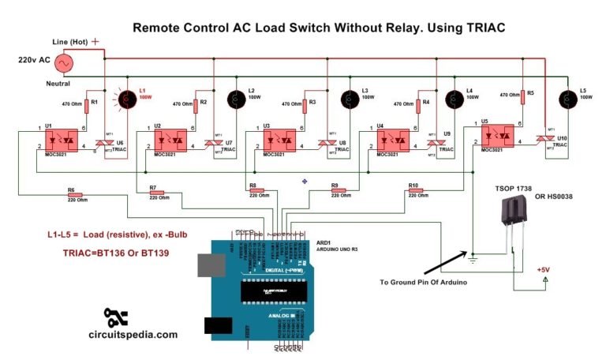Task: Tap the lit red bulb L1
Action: click(125, 99)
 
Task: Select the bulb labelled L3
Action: click(346, 99)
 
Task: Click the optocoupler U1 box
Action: click(62, 141)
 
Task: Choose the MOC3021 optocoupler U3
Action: click(281, 141)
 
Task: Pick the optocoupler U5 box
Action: click(497, 136)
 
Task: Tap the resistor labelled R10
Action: click(415, 191)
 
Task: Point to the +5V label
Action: click(543, 270)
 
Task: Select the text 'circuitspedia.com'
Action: click(133, 335)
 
